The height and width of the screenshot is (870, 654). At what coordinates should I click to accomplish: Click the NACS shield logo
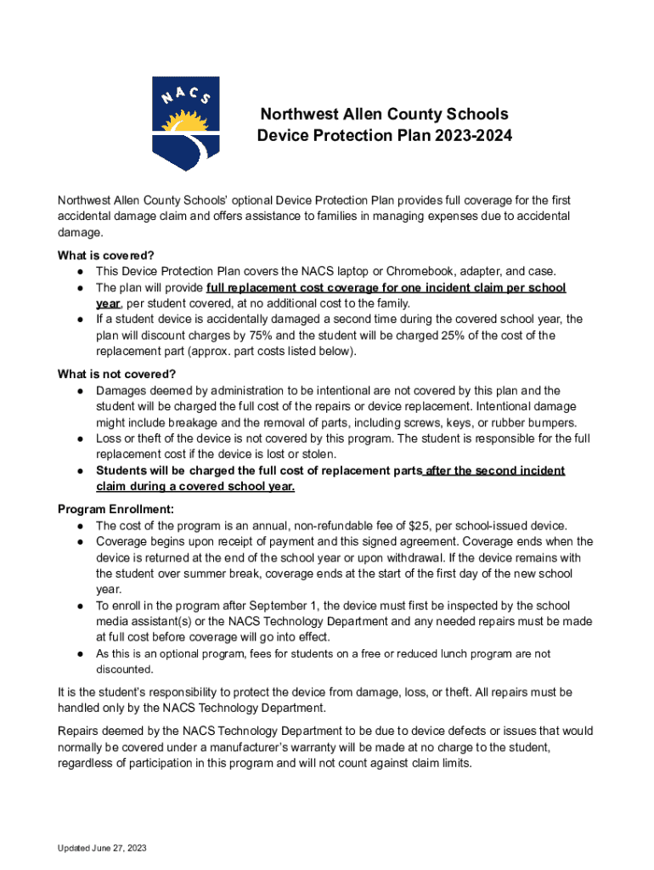(x=185, y=122)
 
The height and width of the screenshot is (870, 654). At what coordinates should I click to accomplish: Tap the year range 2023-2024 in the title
(x=475, y=136)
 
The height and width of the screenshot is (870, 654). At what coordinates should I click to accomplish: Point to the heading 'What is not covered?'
(x=116, y=374)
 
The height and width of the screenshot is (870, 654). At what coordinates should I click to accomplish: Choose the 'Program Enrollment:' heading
(x=116, y=509)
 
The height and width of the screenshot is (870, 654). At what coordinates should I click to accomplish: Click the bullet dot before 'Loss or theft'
(x=79, y=438)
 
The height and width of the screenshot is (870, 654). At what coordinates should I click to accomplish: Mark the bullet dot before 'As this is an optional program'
(x=79, y=653)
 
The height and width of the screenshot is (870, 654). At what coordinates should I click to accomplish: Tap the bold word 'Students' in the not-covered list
(x=125, y=471)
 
